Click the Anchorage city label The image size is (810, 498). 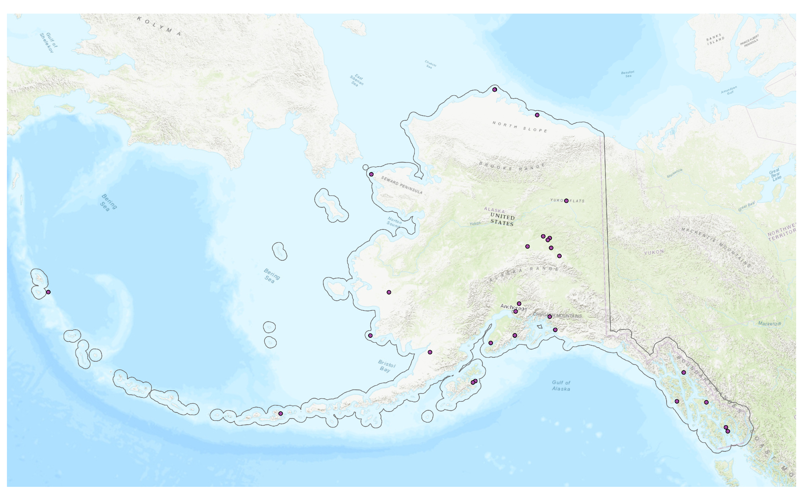pyautogui.click(x=513, y=307)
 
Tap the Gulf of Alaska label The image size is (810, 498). pyautogui.click(x=561, y=386)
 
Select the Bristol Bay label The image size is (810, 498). pyautogui.click(x=386, y=367)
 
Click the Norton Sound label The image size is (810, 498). pyautogui.click(x=394, y=222)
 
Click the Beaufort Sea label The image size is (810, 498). pyautogui.click(x=628, y=74)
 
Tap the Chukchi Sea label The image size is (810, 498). pyautogui.click(x=430, y=64)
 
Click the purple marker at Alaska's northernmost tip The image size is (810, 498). pyautogui.click(x=494, y=90)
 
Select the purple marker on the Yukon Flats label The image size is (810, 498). pyautogui.click(x=566, y=201)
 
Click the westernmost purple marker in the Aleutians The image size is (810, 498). pyautogui.click(x=49, y=292)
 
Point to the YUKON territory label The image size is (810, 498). pyautogui.click(x=654, y=252)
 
